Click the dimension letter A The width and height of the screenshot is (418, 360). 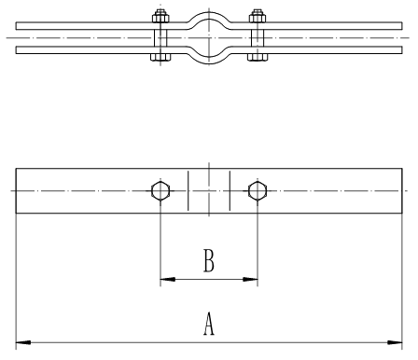(209, 324)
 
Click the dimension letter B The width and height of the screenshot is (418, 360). (209, 260)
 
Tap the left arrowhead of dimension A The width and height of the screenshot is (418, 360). (23, 342)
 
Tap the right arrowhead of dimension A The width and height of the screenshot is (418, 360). (395, 342)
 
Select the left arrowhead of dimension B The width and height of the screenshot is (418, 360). (168, 279)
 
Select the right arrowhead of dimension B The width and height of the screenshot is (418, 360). (250, 279)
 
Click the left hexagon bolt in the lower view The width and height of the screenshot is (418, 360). (160, 190)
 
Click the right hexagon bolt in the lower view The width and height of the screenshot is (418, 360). (258, 190)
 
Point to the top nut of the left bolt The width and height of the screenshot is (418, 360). (160, 17)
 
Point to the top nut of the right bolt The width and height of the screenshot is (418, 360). (258, 17)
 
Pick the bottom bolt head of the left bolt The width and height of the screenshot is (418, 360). (160, 57)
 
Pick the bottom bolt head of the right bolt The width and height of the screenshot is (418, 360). (258, 57)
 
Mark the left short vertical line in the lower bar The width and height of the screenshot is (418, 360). (188, 190)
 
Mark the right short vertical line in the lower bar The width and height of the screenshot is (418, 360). (230, 190)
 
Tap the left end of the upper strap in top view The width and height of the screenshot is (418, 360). (16, 26)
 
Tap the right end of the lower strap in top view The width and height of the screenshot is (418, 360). (402, 49)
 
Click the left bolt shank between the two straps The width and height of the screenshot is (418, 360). (160, 38)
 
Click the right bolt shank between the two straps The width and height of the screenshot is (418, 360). (258, 38)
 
